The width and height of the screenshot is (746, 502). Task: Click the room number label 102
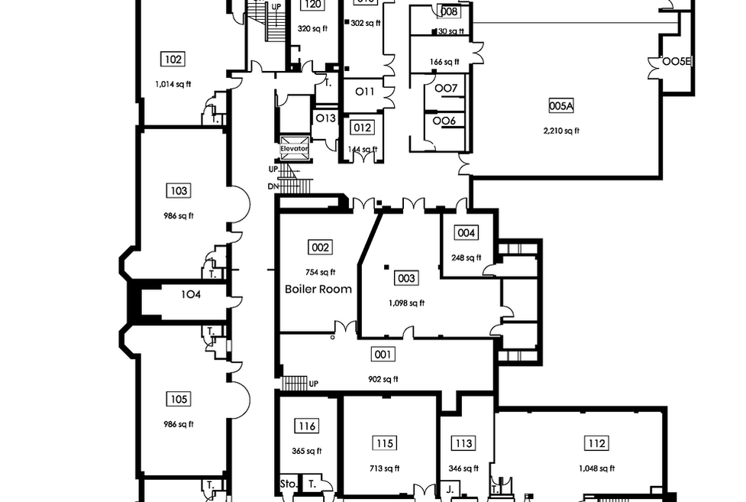(x=173, y=60)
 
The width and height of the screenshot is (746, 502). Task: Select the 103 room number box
(x=180, y=190)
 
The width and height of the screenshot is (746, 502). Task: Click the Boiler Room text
(x=318, y=289)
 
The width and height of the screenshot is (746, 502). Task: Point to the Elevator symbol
(x=294, y=148)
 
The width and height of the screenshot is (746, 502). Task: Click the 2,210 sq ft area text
(x=561, y=131)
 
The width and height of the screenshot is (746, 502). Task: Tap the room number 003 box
(x=406, y=278)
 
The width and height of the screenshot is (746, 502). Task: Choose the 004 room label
(x=466, y=233)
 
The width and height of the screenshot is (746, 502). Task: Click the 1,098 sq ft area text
(x=406, y=303)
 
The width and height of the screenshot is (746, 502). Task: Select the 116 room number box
(x=307, y=426)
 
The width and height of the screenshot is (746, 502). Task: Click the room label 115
(x=385, y=443)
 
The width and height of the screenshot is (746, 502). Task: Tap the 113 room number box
(x=463, y=443)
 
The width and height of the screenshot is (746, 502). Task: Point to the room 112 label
(x=596, y=443)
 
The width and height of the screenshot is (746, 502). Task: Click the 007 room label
(x=445, y=89)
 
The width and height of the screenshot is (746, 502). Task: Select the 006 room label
(x=444, y=121)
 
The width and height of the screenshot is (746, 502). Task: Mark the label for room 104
(x=191, y=294)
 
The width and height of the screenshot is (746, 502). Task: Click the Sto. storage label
(x=287, y=484)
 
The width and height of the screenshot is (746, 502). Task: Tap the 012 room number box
(x=362, y=128)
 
